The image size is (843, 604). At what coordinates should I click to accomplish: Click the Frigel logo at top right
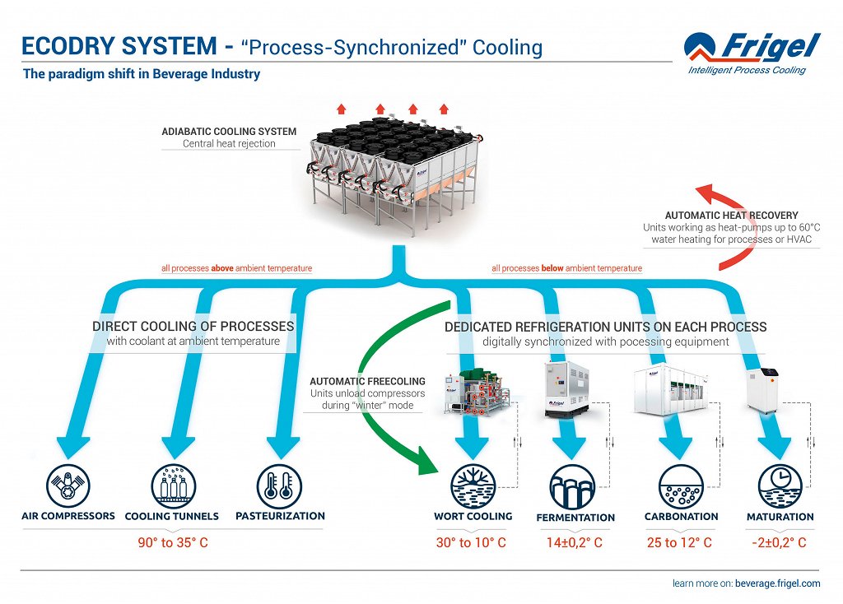[x=752, y=51]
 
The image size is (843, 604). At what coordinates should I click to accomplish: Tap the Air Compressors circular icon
[x=69, y=486]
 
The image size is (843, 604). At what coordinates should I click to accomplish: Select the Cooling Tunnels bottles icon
[x=173, y=486]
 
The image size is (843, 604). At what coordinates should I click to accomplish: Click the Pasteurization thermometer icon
[x=279, y=486]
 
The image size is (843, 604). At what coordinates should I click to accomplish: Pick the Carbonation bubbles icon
[x=682, y=486]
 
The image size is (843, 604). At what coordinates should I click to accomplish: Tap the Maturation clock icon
[x=779, y=486]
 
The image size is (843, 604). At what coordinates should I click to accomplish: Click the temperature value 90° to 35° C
[x=174, y=543]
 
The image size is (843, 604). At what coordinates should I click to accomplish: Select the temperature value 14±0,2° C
[x=575, y=543]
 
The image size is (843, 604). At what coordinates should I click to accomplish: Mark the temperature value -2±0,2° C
[x=779, y=543]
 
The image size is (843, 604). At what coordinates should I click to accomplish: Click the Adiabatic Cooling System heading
[x=229, y=132]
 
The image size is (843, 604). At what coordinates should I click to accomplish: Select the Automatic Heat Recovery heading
[x=731, y=216]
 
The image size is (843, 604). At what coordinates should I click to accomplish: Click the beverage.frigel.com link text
[x=777, y=583]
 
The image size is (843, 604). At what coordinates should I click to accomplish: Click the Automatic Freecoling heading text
[x=367, y=382]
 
